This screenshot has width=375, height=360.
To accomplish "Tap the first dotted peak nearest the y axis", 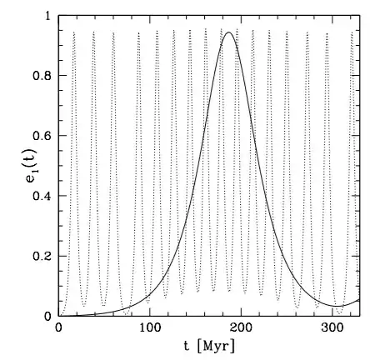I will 74,33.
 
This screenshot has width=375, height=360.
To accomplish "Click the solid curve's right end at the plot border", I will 359,300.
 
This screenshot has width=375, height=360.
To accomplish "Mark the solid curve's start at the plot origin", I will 60,316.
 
